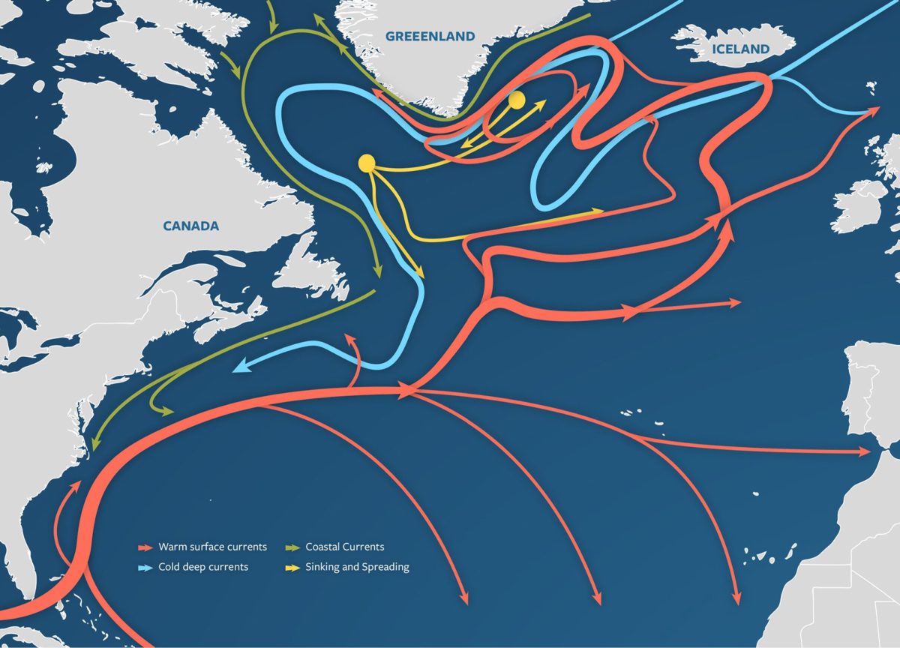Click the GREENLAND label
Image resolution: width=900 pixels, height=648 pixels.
coord(430,36)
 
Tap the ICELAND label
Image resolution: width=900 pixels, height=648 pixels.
coord(740,49)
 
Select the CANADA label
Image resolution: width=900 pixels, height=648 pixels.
coord(191,226)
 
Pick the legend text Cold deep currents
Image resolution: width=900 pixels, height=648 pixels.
coord(202,567)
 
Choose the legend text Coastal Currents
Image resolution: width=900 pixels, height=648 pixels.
coord(344,547)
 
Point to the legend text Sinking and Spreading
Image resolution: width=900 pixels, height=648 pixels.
coord(357,567)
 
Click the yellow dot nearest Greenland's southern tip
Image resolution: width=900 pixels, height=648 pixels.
coord(516,99)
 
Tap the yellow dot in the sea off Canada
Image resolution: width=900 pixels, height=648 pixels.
coord(367,162)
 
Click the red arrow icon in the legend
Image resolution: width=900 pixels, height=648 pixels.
coord(145,547)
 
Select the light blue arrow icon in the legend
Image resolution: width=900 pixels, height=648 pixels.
coord(145,568)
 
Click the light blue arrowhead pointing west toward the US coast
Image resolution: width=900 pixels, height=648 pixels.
coord(239,368)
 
